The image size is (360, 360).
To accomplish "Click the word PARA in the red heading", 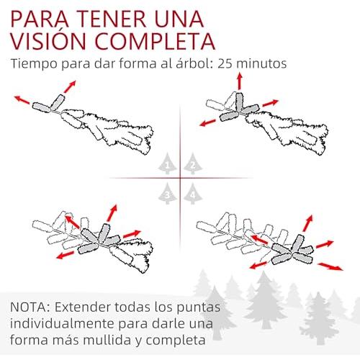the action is (x=40, y=19).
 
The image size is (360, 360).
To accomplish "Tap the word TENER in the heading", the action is (x=112, y=19).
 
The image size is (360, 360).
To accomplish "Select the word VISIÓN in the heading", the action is (x=48, y=40).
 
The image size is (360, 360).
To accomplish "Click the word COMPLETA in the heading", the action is (x=155, y=41).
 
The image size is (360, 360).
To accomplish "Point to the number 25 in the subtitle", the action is (x=225, y=63).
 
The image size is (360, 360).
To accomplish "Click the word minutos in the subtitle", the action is (x=261, y=63).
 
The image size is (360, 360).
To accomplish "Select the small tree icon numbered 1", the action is (x=167, y=163).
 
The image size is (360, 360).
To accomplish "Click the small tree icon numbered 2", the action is (x=193, y=163).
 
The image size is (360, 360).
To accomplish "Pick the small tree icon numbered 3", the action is (x=167, y=194).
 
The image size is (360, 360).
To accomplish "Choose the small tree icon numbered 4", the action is (x=193, y=194).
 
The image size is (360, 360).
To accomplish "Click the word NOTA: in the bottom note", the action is (x=30, y=307).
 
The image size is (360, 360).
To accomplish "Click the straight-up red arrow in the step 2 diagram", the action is (x=239, y=81).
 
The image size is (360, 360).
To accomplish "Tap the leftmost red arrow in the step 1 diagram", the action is (x=22, y=99).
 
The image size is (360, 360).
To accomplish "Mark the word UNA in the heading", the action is (x=179, y=19).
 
